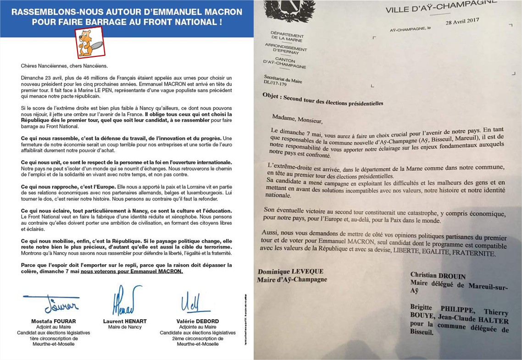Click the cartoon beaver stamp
(90, 42)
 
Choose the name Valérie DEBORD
(198, 321)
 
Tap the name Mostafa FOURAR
(54, 321)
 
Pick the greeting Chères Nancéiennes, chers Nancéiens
(64, 66)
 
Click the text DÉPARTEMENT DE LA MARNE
(287, 37)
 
